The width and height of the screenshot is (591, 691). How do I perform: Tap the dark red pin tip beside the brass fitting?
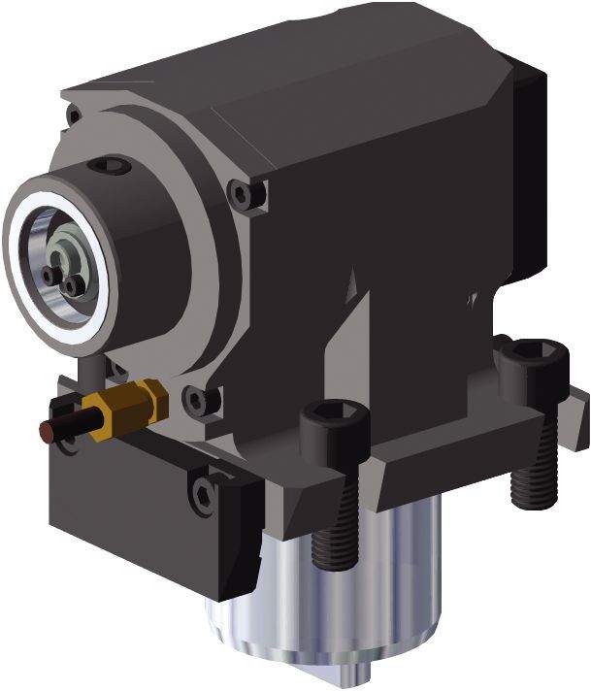click(49, 428)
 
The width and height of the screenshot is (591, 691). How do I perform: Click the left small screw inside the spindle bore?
click(49, 276)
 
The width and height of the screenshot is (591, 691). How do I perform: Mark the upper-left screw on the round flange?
click(74, 115)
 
